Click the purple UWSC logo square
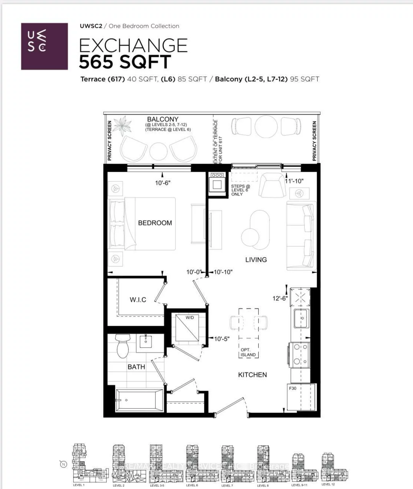click(x=44, y=46)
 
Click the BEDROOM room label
click(x=155, y=223)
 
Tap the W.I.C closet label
click(x=138, y=300)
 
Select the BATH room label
click(x=136, y=367)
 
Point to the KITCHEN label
click(x=252, y=375)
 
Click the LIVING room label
click(x=256, y=260)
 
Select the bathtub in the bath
click(x=139, y=400)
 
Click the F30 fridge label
click(x=293, y=388)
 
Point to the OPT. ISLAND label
click(x=248, y=352)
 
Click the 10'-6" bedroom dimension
click(x=163, y=183)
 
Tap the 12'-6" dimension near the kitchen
click(x=280, y=298)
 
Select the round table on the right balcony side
click(x=266, y=127)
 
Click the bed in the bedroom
click(x=142, y=224)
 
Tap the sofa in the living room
click(x=301, y=236)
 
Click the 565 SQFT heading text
click(x=125, y=62)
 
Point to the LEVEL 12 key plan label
click(x=328, y=484)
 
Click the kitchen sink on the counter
click(x=301, y=318)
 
